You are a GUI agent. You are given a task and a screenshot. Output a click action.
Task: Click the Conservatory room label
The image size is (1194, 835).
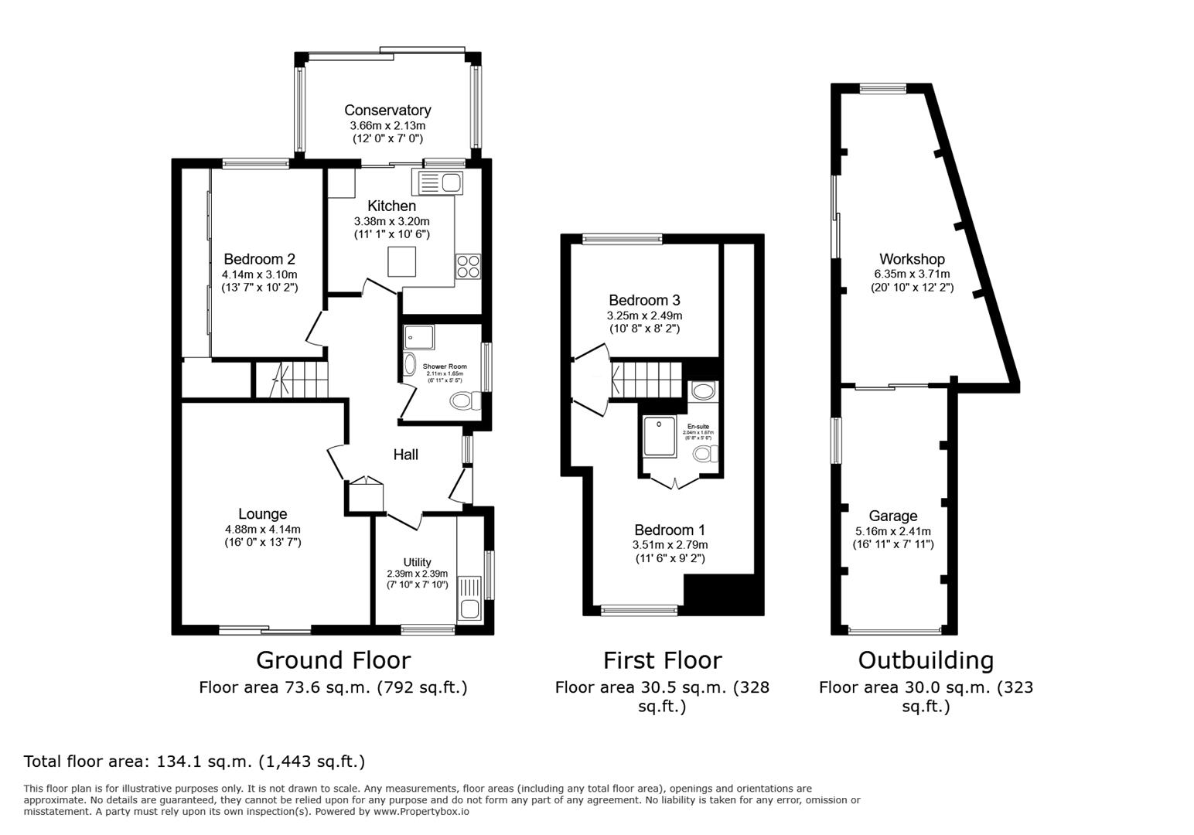(x=387, y=111)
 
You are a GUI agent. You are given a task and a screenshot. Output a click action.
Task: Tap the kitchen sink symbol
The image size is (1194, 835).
(x=439, y=183)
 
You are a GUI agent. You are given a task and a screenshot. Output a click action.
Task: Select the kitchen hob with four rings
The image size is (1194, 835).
(x=468, y=266)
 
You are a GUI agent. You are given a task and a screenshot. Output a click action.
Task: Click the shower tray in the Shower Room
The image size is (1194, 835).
(x=419, y=339)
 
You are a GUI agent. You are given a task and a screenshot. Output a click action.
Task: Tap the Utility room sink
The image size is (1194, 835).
(x=469, y=597)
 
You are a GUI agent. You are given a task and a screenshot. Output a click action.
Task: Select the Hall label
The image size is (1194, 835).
(x=406, y=455)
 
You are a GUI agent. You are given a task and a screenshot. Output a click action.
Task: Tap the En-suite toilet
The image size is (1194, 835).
(x=704, y=454)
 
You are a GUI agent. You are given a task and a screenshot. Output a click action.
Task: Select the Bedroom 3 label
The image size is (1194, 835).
(x=644, y=300)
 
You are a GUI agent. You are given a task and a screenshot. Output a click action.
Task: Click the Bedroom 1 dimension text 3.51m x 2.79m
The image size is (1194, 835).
(x=670, y=544)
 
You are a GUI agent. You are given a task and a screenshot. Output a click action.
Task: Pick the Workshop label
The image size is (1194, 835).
(x=912, y=259)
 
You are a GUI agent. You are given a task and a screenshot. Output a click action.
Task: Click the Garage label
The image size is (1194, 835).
(x=893, y=516)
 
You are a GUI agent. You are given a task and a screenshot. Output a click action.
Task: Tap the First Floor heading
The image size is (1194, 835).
(x=662, y=660)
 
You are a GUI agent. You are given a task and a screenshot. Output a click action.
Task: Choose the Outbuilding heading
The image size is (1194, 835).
(x=926, y=660)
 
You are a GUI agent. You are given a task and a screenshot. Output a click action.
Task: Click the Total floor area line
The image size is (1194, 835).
(x=194, y=762)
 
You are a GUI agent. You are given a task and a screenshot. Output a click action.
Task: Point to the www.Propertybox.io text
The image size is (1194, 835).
(x=421, y=812)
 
